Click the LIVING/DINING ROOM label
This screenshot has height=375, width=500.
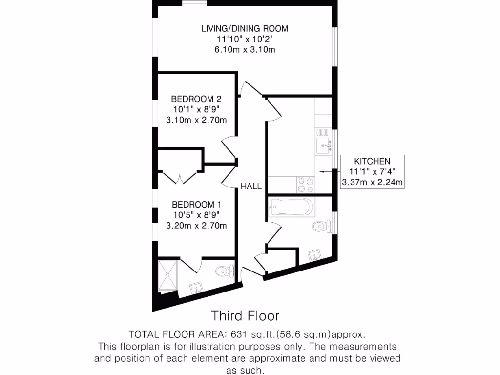pos(245,28)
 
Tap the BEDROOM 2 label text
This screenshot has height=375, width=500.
pos(196,99)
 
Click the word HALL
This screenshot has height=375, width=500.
pos(250,186)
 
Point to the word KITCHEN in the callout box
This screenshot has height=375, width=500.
pos(372,161)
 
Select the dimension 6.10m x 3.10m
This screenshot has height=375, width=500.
pos(245,50)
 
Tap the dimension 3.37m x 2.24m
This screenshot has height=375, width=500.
pos(372,183)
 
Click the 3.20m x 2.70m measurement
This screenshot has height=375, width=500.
pos(196,226)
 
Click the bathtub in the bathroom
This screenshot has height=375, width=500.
pos(290,208)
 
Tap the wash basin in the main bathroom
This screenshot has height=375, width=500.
pos(314,254)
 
